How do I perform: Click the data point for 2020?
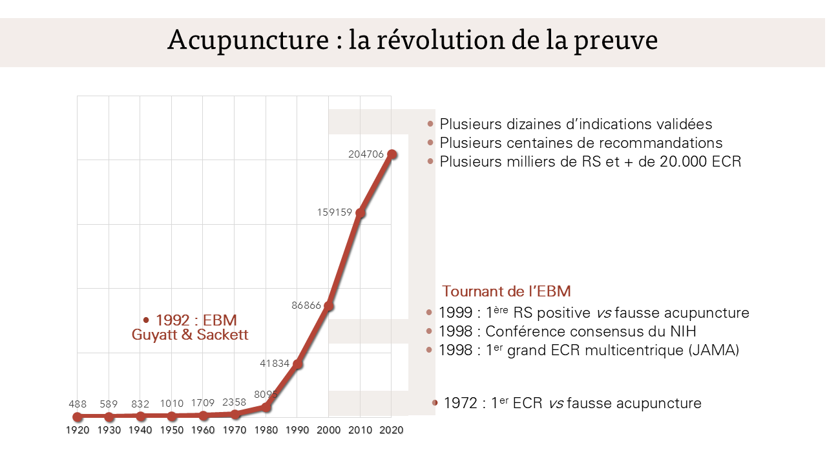392,154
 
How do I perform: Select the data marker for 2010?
361,212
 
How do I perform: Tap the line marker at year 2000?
328,305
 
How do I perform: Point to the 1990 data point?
297,364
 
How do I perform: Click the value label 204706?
366,154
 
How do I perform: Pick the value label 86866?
306,305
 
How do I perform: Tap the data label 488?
78,404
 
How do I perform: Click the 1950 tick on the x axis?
172,430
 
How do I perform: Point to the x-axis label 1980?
266,430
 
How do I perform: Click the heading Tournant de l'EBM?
507,291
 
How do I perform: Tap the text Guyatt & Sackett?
190,335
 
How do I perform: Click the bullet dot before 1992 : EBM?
147,320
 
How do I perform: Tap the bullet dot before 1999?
430,313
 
